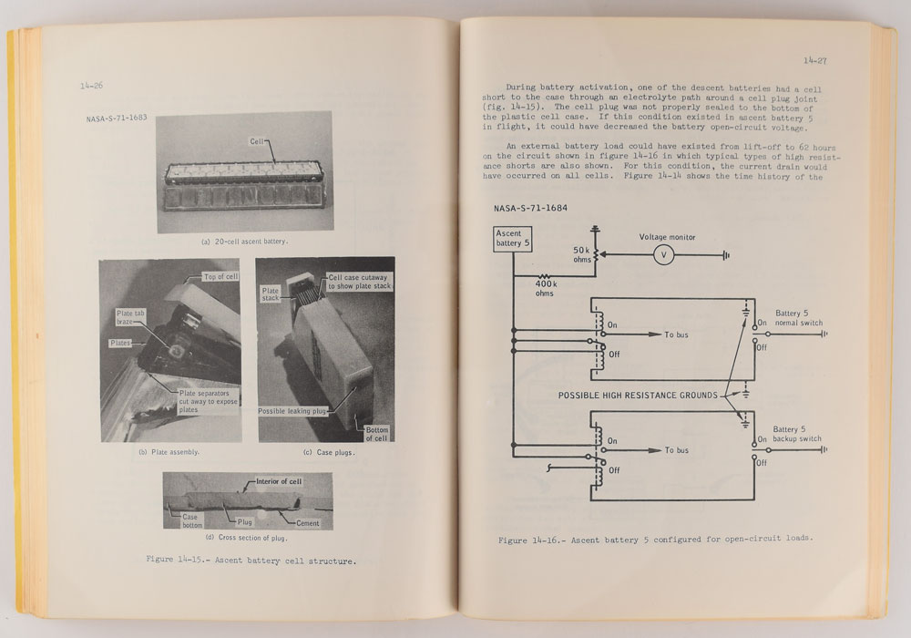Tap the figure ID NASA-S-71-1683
tap(110, 118)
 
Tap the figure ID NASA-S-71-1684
tap(529, 209)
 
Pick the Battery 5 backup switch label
tap(798, 434)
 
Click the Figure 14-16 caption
tap(655, 540)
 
